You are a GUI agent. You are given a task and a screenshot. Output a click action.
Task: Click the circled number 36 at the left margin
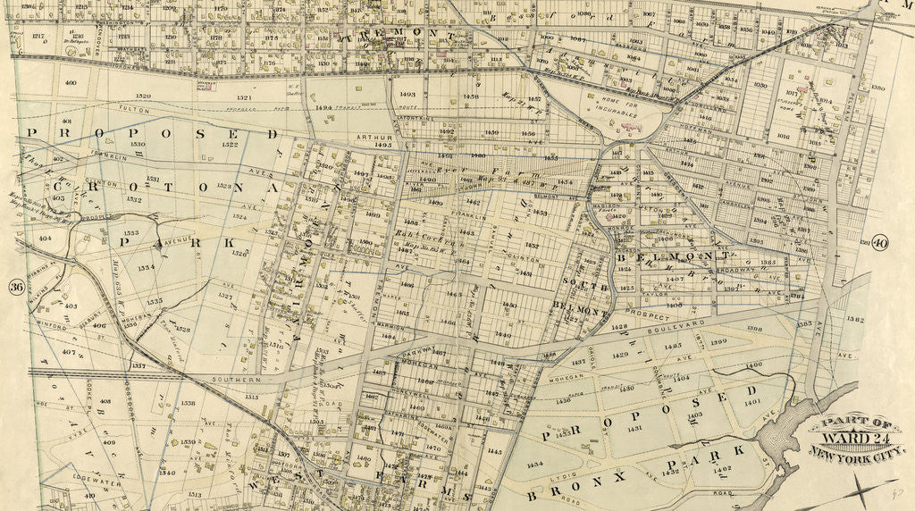tap(15, 287)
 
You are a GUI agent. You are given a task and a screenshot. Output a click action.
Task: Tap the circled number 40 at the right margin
tap(879, 243)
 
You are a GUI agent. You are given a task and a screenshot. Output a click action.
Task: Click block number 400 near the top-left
tap(71, 83)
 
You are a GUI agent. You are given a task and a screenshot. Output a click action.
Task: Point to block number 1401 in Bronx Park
tap(751, 402)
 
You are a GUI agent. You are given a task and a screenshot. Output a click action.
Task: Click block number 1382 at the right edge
tap(855, 318)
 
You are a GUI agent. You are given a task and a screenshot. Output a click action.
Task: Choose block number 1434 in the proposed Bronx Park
tap(534, 465)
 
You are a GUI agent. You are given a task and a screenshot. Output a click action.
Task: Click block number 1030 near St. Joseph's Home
tap(760, 85)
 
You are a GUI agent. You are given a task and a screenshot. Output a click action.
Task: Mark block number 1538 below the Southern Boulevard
tap(188, 403)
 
